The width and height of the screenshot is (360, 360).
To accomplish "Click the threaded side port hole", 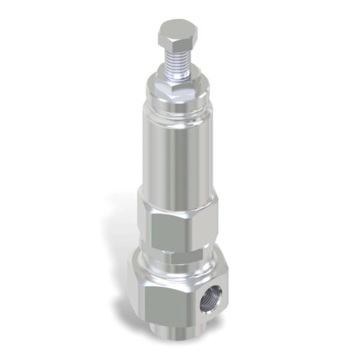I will coord(212,298).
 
